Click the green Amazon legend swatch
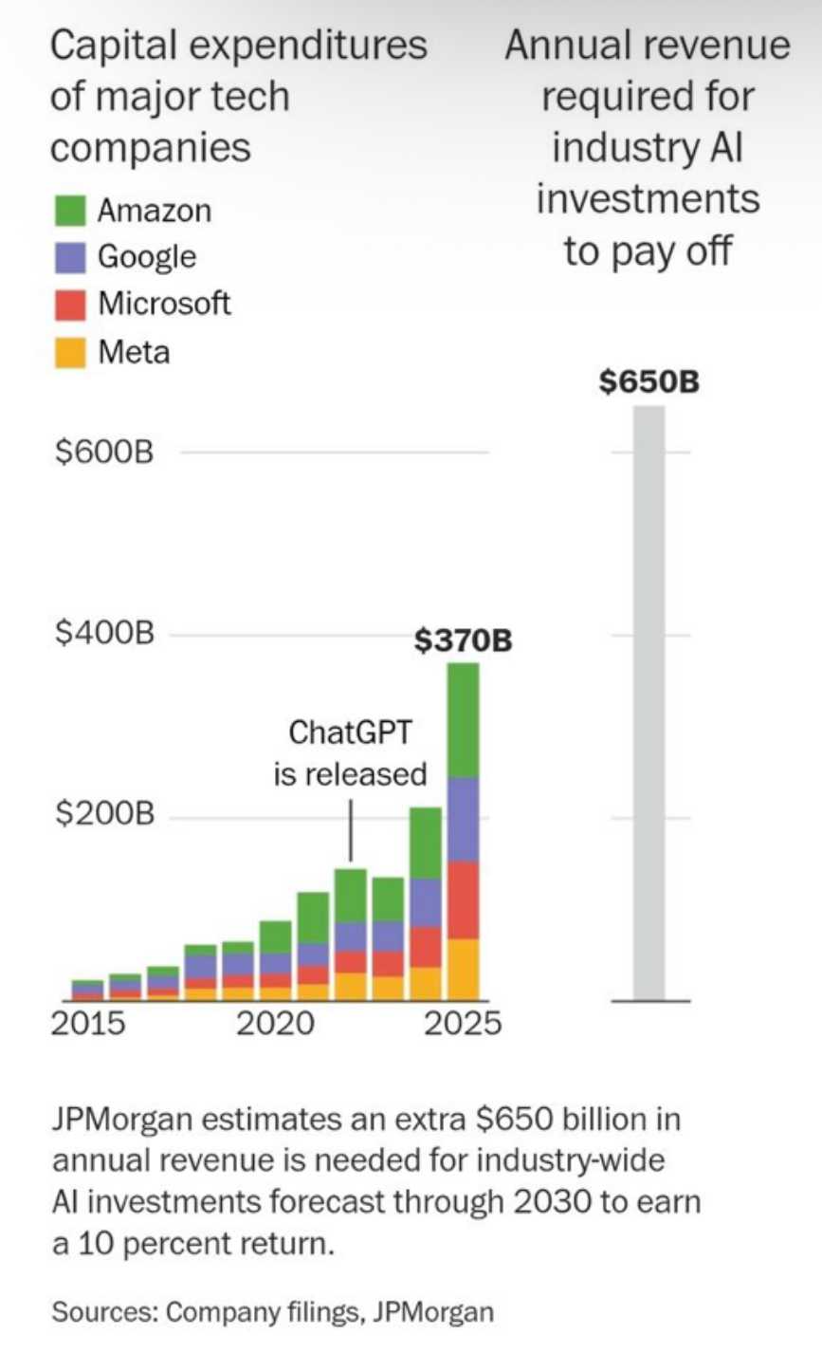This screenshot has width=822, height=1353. pos(69,211)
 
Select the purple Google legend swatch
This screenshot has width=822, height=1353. pos(69,257)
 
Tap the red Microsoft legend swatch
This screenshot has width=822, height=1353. pos(69,305)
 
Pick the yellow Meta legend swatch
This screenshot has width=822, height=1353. pos(69,352)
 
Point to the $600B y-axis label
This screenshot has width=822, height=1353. pos(103,454)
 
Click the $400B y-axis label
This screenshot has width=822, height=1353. pos(103,634)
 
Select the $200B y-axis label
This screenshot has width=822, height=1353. pos(103,816)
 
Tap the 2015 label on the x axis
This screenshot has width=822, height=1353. pos(87,1026)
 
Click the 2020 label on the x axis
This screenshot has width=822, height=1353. pos(275,1026)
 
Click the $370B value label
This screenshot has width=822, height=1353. pos(464,641)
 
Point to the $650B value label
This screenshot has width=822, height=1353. pos(649,383)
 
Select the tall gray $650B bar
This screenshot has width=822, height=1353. pos(649,702)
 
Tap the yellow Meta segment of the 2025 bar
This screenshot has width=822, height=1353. pos(464,969)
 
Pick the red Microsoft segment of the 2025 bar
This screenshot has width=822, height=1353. pos(464,899)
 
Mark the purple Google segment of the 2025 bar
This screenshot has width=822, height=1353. pos(464,819)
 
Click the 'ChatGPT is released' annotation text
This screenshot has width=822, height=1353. pos(351,753)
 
